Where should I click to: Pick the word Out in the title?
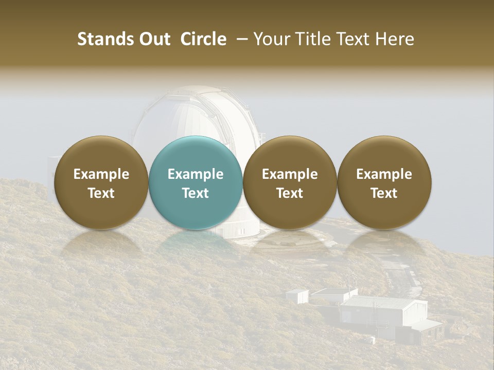pyautogui.click(x=152, y=39)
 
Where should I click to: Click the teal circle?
pyautogui.click(x=195, y=183)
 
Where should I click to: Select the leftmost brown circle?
pyautogui.click(x=101, y=183)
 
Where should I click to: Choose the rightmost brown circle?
pyautogui.click(x=384, y=183)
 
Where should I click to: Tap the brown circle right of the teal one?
pyautogui.click(x=290, y=183)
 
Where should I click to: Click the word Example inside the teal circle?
pyautogui.click(x=196, y=174)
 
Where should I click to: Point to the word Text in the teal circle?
pyautogui.click(x=196, y=193)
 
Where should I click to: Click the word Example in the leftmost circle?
pyautogui.click(x=101, y=174)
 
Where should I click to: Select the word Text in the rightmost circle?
pyautogui.click(x=384, y=193)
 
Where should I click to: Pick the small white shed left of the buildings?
pyautogui.click(x=297, y=295)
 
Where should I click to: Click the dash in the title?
pyautogui.click(x=240, y=39)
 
